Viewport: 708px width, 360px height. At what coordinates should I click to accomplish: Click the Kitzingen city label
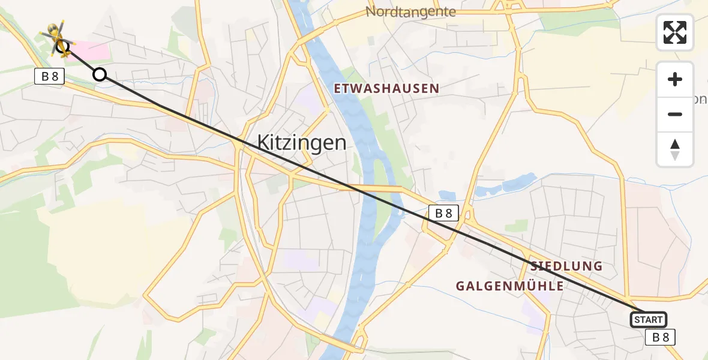point(302,143)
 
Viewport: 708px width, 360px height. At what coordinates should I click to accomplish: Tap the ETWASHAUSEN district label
point(387,89)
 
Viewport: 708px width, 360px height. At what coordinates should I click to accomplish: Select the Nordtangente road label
point(410,12)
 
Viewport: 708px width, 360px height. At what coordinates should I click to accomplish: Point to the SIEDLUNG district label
point(566,266)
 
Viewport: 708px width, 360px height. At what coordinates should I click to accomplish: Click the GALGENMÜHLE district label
point(509,286)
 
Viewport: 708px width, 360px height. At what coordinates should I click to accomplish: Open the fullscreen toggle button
point(675,32)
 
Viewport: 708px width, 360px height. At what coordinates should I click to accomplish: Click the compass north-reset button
point(675,149)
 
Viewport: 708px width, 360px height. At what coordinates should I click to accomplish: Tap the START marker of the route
point(648,320)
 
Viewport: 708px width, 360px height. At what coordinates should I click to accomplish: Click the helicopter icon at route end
point(58,39)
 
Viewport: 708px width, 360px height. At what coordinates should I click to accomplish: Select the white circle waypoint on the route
point(100,74)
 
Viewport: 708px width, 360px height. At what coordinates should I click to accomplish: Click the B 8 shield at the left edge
point(49,76)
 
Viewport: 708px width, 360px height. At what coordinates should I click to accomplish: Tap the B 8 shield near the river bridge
point(443,212)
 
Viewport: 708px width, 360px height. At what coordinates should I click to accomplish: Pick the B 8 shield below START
point(661,337)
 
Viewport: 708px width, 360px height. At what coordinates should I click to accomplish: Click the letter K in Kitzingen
point(263,143)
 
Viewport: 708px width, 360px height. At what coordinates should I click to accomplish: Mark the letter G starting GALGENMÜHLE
point(461,286)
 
